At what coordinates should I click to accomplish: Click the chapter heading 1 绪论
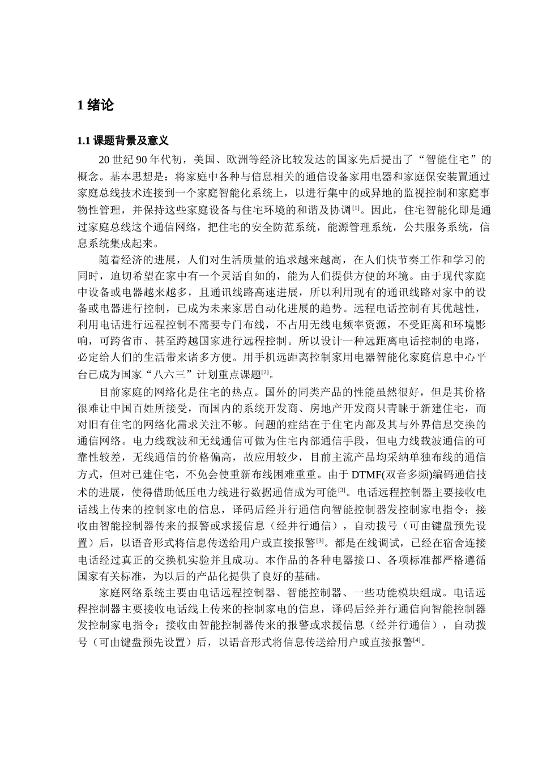tap(95, 105)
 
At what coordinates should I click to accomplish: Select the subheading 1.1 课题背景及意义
tap(122, 141)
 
